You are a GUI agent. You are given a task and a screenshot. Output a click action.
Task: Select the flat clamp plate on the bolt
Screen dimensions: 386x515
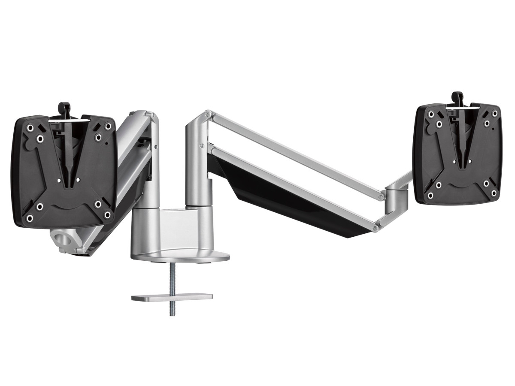[172, 297]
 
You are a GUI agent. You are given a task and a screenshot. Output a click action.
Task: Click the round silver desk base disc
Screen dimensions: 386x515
[180, 255]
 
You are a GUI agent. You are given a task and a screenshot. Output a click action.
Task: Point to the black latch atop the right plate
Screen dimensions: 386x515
[457, 98]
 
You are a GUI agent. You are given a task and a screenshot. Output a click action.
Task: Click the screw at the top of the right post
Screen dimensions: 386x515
[208, 114]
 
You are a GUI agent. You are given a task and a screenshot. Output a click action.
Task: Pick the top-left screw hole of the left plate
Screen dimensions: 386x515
[30, 128]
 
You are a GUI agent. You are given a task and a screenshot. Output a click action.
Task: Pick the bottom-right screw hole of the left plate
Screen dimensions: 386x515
[107, 214]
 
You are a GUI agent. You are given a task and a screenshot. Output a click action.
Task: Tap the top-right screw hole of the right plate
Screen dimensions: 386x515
[494, 113]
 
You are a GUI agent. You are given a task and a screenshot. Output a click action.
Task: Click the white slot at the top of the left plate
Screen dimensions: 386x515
[69, 121]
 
